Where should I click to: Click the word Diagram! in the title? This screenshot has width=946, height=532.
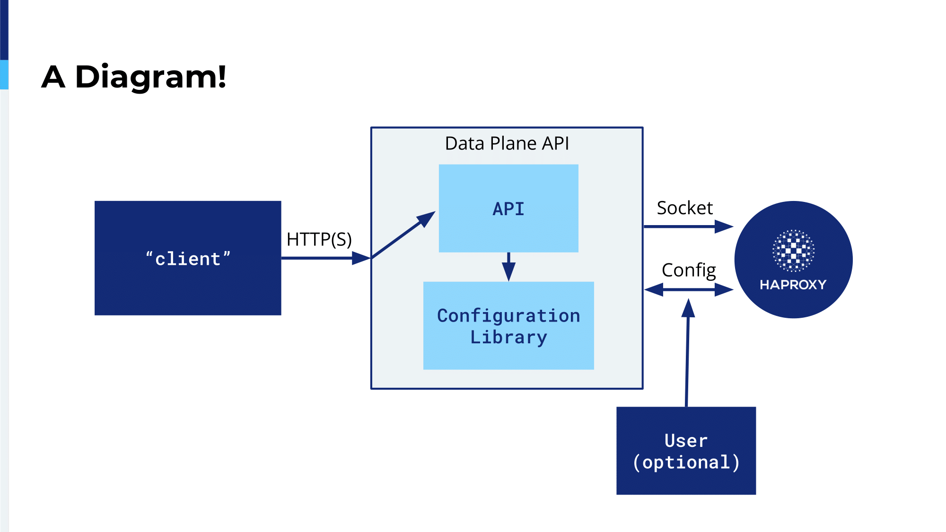pyautogui.click(x=150, y=77)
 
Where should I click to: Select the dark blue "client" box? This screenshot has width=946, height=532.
pyautogui.click(x=188, y=258)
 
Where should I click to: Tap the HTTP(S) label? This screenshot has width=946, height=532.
pyautogui.click(x=319, y=239)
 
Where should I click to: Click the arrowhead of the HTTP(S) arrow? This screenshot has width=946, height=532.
pyautogui.click(x=361, y=258)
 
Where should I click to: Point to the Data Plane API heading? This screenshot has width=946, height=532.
pyautogui.click(x=507, y=143)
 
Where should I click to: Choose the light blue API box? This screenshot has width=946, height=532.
pyautogui.click(x=508, y=208)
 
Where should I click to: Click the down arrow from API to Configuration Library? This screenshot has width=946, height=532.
pyautogui.click(x=508, y=267)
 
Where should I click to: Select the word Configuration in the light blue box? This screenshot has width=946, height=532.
pyautogui.click(x=508, y=315)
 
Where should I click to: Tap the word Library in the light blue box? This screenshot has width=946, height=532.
pyautogui.click(x=508, y=337)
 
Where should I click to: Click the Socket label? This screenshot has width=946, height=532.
pyautogui.click(x=684, y=208)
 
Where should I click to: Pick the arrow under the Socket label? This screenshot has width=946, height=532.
pyautogui.click(x=689, y=227)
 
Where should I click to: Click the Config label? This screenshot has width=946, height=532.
pyautogui.click(x=689, y=270)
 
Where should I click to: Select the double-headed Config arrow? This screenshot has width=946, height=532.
pyautogui.click(x=689, y=289)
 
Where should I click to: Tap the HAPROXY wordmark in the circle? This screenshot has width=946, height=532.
pyautogui.click(x=793, y=285)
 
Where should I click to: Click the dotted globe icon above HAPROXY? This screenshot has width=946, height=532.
pyautogui.click(x=793, y=251)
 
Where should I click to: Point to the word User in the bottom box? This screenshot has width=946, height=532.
pyautogui.click(x=686, y=441)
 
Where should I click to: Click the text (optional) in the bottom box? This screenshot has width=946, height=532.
pyautogui.click(x=686, y=462)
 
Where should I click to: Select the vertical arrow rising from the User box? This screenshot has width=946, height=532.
pyautogui.click(x=687, y=353)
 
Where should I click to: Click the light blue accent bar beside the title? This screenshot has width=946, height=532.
pyautogui.click(x=4, y=75)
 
